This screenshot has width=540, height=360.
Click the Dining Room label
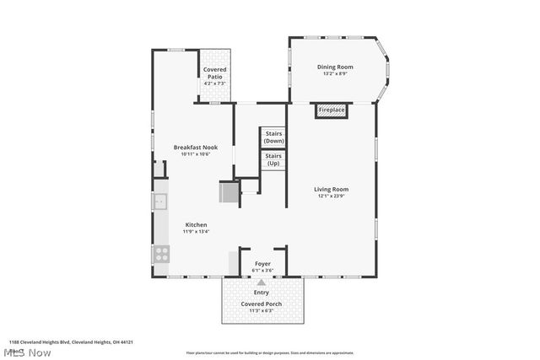[335, 67]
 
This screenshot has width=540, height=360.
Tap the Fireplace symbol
[332, 110]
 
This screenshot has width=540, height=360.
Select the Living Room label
[332, 190]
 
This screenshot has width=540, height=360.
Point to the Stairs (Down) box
[273, 137]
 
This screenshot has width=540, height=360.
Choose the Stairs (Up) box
[273, 159]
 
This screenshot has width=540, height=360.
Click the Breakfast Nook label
[196, 148]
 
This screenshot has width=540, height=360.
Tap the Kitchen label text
[197, 225]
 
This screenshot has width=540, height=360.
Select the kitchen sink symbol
[159, 201]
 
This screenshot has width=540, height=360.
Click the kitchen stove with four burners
[160, 254]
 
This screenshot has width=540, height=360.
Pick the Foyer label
[263, 264]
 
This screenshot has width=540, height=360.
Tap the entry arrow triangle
[262, 283]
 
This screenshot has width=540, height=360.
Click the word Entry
[262, 293]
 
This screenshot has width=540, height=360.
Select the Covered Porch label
[262, 304]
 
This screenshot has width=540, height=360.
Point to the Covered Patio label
[215, 73]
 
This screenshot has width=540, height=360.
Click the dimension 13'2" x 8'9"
[335, 73]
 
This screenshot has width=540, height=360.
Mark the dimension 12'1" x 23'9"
[332, 196]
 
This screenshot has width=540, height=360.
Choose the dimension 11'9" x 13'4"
[197, 232]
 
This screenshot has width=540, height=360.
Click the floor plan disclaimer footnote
[270, 353]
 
